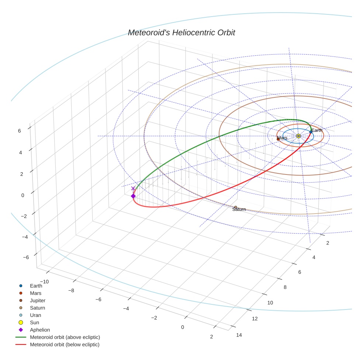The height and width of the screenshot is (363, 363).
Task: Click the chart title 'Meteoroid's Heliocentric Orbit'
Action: (x=181, y=33)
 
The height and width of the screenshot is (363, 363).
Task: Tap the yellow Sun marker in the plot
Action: (x=298, y=136)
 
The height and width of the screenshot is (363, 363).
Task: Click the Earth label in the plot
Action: (x=317, y=130)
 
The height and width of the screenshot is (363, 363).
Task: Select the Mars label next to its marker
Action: (x=282, y=138)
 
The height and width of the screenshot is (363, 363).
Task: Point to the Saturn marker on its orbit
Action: (x=236, y=207)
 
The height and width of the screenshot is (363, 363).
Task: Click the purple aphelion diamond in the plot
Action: (x=133, y=196)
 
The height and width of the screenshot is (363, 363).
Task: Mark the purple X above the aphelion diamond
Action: (x=133, y=189)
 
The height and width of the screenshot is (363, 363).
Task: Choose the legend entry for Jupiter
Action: (x=37, y=300)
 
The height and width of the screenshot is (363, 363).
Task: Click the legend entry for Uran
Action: (x=35, y=315)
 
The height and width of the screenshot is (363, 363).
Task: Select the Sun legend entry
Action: (x=34, y=322)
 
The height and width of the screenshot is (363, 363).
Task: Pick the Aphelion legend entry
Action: (x=39, y=330)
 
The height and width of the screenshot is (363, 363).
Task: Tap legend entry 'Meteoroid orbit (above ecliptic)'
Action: (x=65, y=337)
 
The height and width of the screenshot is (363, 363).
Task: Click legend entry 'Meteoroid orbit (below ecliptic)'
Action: (x=65, y=345)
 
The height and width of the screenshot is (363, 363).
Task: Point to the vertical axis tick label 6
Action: (x=19, y=130)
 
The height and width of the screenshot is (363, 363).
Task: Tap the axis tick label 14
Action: (x=238, y=335)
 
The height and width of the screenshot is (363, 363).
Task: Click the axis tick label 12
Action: (x=255, y=319)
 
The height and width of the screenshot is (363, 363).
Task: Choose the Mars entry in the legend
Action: (x=35, y=293)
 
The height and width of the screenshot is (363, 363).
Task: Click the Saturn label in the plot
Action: (x=239, y=210)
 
